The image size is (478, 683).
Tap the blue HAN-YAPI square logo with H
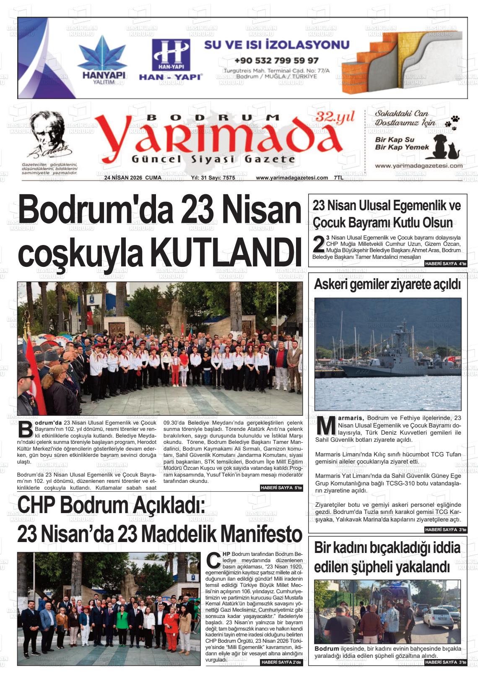171,55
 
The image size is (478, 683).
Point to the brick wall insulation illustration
401,63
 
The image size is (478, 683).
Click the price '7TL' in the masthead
338,178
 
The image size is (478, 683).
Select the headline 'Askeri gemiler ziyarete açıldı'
387,284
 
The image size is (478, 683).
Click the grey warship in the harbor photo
398,357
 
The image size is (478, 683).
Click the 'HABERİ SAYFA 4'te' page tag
445,263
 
